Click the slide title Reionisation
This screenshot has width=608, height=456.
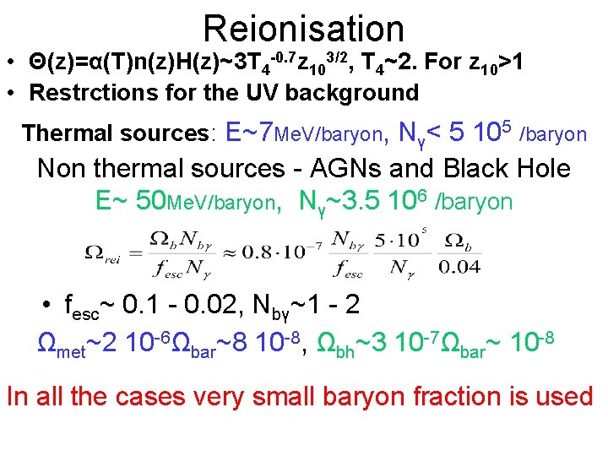coord(304,28)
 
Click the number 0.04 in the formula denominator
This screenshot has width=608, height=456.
coord(459,269)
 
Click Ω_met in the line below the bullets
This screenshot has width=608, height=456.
coord(62,345)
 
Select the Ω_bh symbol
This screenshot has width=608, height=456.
coord(334,345)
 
